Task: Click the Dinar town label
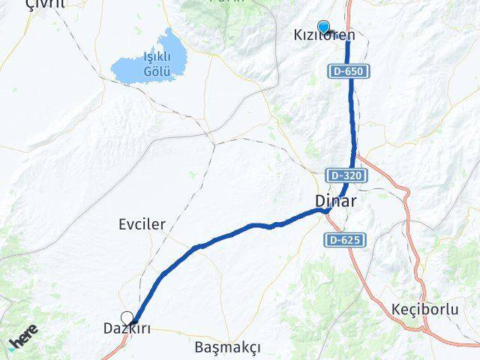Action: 334,202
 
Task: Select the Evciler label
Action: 142,224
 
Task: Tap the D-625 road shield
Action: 345,240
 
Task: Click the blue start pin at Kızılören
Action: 323,25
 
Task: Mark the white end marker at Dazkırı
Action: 127,317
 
